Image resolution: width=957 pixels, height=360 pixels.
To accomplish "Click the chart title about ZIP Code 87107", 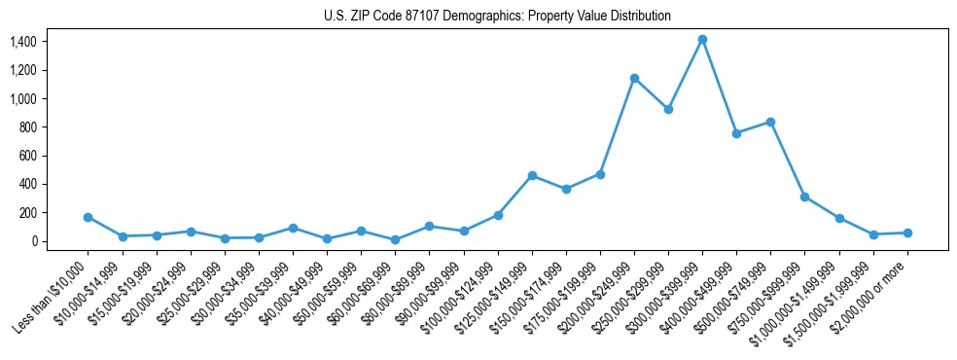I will (x=497, y=17).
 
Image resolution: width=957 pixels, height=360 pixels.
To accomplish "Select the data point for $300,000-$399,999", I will (x=702, y=40).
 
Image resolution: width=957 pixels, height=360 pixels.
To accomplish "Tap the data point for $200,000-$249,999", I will (x=634, y=78).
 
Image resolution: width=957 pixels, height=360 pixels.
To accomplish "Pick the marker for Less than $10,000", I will (x=89, y=217).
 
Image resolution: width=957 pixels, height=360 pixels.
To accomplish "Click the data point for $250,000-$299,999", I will (x=668, y=109).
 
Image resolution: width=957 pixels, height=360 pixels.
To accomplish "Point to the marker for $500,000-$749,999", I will (x=770, y=122).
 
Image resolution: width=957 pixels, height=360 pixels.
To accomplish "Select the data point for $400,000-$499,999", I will (x=736, y=133).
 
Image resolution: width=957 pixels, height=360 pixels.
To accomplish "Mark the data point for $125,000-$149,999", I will (x=532, y=175).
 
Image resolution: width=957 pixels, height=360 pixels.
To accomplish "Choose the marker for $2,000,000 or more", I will (x=907, y=233).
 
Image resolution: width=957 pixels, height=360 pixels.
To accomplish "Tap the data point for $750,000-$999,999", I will (x=804, y=197).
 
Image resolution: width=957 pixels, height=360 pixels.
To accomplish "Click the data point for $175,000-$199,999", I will (x=600, y=174).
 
